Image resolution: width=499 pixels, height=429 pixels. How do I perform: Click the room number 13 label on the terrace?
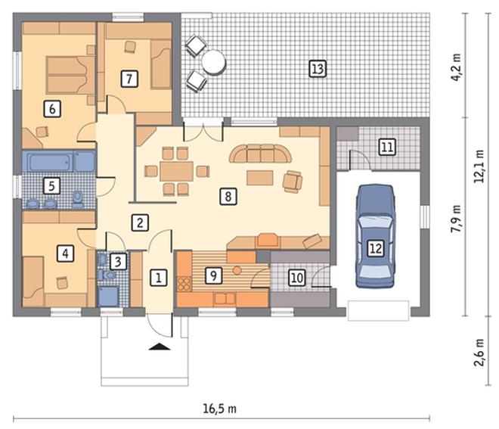318,69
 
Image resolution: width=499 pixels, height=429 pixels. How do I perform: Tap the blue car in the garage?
376,236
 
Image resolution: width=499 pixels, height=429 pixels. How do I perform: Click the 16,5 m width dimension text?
220,409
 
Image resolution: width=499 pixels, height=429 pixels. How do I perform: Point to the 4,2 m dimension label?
457,67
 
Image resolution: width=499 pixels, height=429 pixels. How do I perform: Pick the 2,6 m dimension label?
479,353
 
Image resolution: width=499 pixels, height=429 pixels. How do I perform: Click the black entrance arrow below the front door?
160,347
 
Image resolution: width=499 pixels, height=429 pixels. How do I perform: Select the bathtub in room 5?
62,161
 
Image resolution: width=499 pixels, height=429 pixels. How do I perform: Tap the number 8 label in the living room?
228,196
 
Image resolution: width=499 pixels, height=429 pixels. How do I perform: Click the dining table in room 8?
177,171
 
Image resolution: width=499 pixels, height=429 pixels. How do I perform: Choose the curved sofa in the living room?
260,154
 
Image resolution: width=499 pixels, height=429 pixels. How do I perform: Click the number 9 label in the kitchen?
213,275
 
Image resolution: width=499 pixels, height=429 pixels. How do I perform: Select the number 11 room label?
387,147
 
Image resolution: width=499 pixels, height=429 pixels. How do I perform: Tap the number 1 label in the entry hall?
158,278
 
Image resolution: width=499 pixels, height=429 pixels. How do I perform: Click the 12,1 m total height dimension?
479,166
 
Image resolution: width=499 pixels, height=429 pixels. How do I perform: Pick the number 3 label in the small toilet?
118,262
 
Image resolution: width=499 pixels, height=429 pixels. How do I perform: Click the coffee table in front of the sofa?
260,178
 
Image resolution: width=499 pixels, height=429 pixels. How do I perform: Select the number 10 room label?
296,278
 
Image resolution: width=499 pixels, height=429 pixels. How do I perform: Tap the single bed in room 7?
161,64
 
